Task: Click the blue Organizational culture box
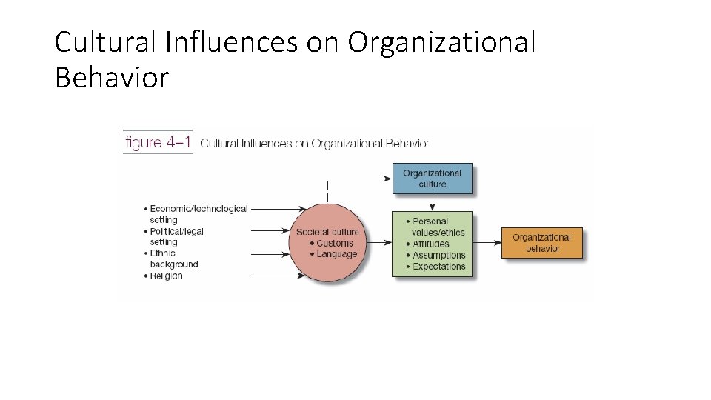432,179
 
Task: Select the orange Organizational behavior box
541,243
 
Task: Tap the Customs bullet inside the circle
331,243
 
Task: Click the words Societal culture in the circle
327,232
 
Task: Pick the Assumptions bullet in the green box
436,255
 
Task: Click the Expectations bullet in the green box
436,266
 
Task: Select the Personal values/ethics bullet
436,227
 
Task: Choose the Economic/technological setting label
196,214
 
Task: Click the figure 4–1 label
158,142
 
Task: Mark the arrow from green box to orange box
487,242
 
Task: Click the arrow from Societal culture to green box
378,242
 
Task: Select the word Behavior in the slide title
112,77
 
